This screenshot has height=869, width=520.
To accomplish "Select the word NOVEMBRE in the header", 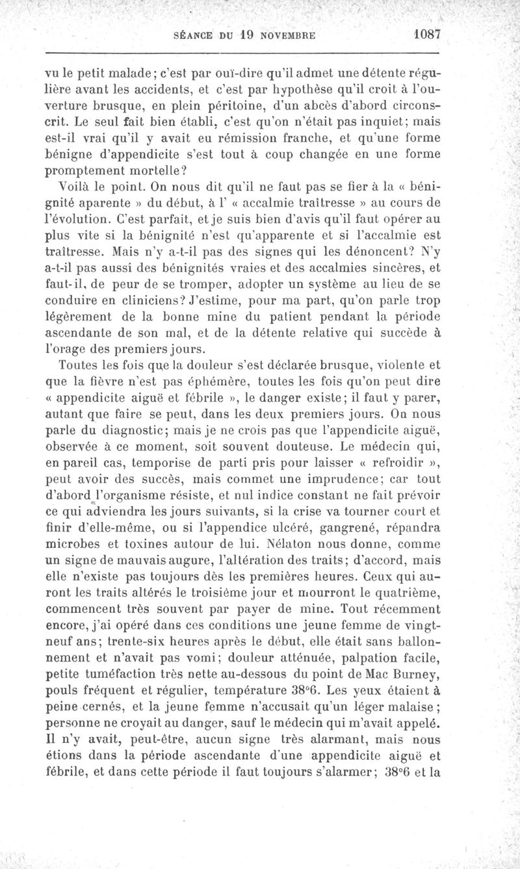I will [x=281, y=35].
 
